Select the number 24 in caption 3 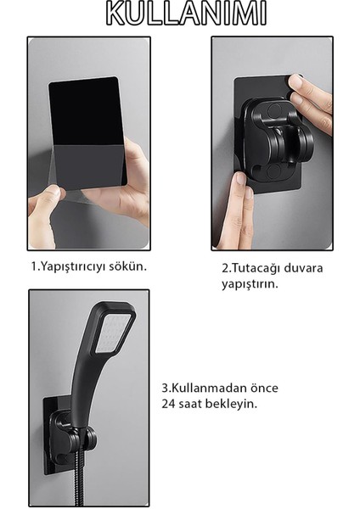coord(168,403)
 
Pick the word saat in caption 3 coord(191,403)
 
